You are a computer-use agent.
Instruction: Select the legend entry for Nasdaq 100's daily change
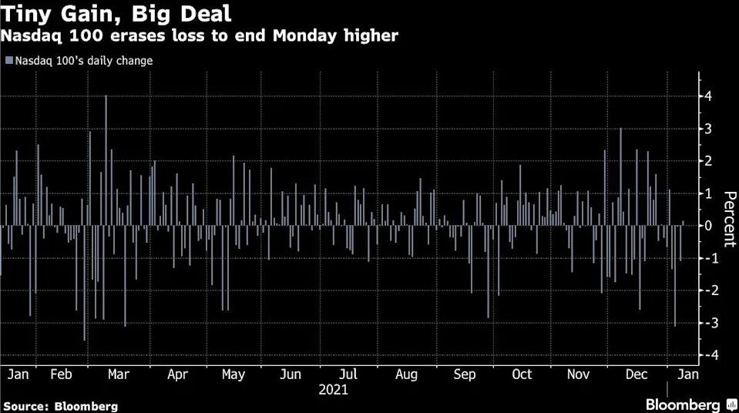79,60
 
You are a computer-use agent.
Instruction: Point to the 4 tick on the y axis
706,96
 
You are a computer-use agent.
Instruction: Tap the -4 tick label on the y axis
704,355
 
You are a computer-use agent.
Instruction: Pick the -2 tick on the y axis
704,290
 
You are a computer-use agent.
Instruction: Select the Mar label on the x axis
118,374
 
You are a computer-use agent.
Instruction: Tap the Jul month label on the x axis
348,374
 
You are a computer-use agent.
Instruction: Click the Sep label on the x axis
465,374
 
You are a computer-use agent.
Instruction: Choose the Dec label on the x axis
637,374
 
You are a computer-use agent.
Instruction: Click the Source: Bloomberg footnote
61,405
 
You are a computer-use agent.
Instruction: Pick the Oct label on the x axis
522,374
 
